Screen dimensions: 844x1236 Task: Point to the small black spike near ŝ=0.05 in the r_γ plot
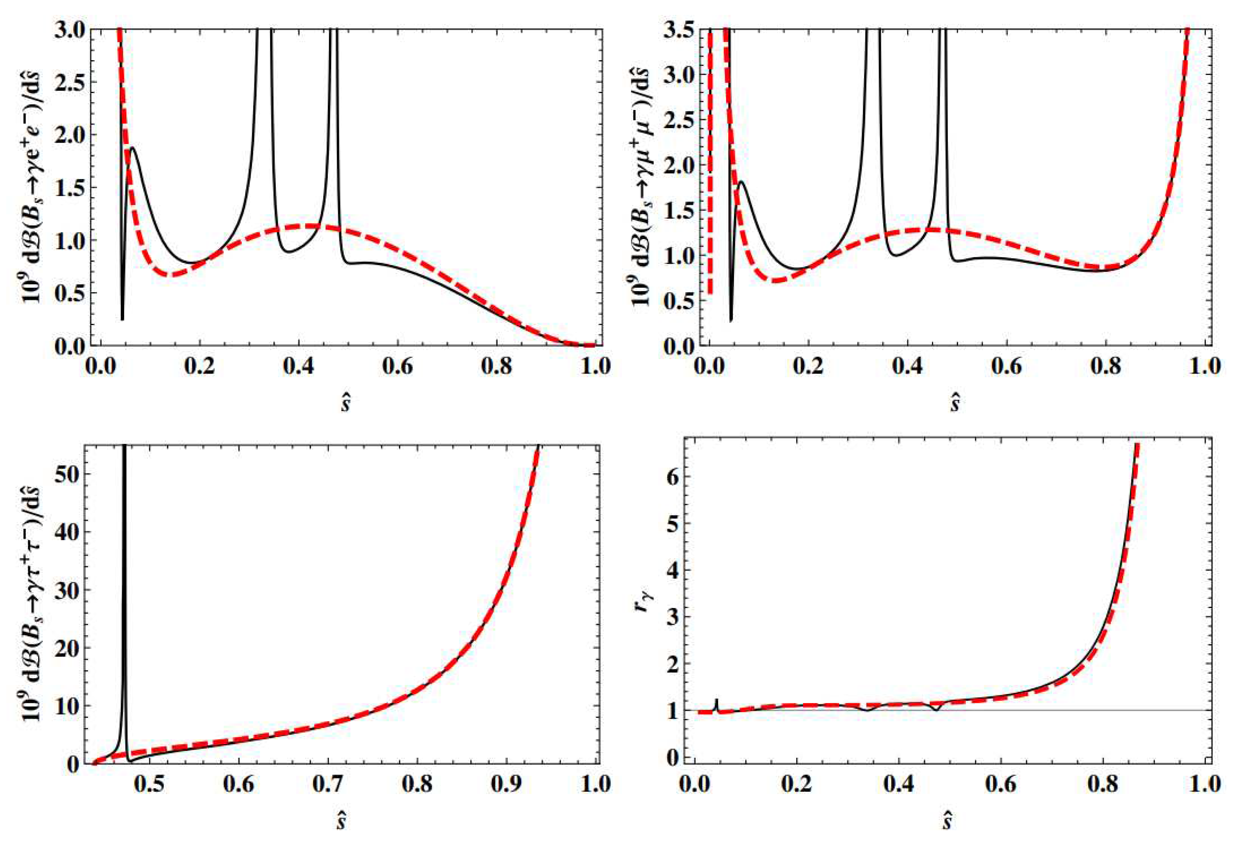pos(717,701)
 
